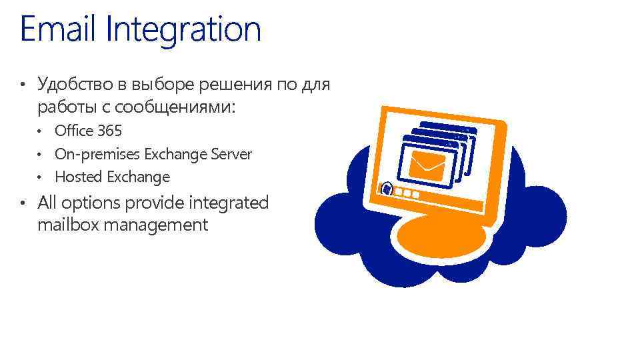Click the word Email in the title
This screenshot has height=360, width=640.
pos(59,29)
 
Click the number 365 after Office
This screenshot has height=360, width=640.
pos(109,131)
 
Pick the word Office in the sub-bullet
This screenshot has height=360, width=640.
pos(74,131)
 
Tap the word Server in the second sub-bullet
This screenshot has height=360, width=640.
pos(231,154)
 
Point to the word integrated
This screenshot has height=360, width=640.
pos(229,202)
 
